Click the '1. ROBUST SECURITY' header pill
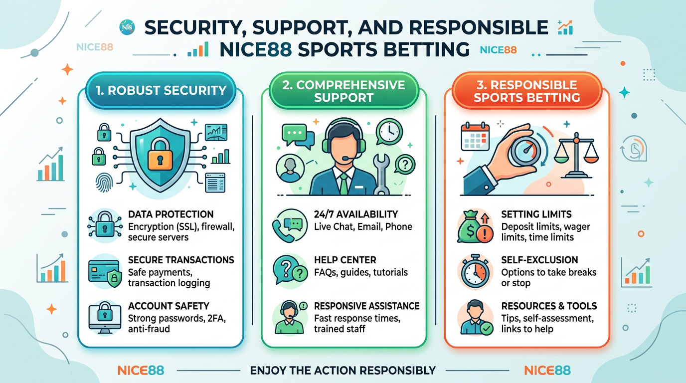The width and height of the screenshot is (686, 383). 161,90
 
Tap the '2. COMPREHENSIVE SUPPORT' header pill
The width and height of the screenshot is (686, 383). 343,91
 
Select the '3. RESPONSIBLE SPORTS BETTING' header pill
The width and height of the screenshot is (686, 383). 527,91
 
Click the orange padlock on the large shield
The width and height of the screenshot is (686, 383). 160,154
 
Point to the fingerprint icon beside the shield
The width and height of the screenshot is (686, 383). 104,183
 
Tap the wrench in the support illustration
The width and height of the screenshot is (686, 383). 381,174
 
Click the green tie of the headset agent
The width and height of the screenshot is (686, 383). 343,184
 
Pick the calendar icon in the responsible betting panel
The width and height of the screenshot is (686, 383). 475,136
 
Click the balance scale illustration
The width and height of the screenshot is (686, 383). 576,156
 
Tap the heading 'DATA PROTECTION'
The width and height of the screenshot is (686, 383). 171,214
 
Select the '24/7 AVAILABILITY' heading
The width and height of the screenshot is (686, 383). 356,214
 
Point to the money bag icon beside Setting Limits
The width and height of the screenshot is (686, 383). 475,227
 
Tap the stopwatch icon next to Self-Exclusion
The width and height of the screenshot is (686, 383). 475,271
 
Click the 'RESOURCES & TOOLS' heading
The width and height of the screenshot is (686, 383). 549,306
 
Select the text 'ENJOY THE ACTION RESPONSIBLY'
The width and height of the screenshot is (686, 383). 343,371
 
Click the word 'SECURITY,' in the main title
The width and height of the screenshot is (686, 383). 193,28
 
